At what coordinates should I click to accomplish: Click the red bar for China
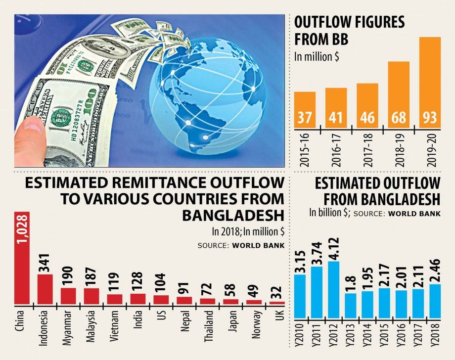[22, 257]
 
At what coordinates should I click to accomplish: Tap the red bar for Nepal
[184, 300]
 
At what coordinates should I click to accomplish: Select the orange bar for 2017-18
[367, 105]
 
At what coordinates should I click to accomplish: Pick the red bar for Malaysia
[91, 296]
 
